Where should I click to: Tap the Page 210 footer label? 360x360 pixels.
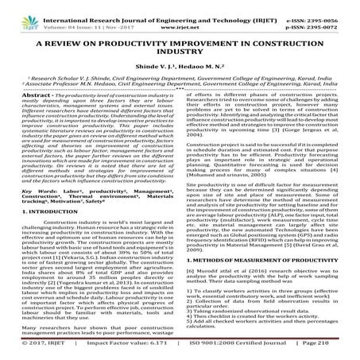coord(333,352)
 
